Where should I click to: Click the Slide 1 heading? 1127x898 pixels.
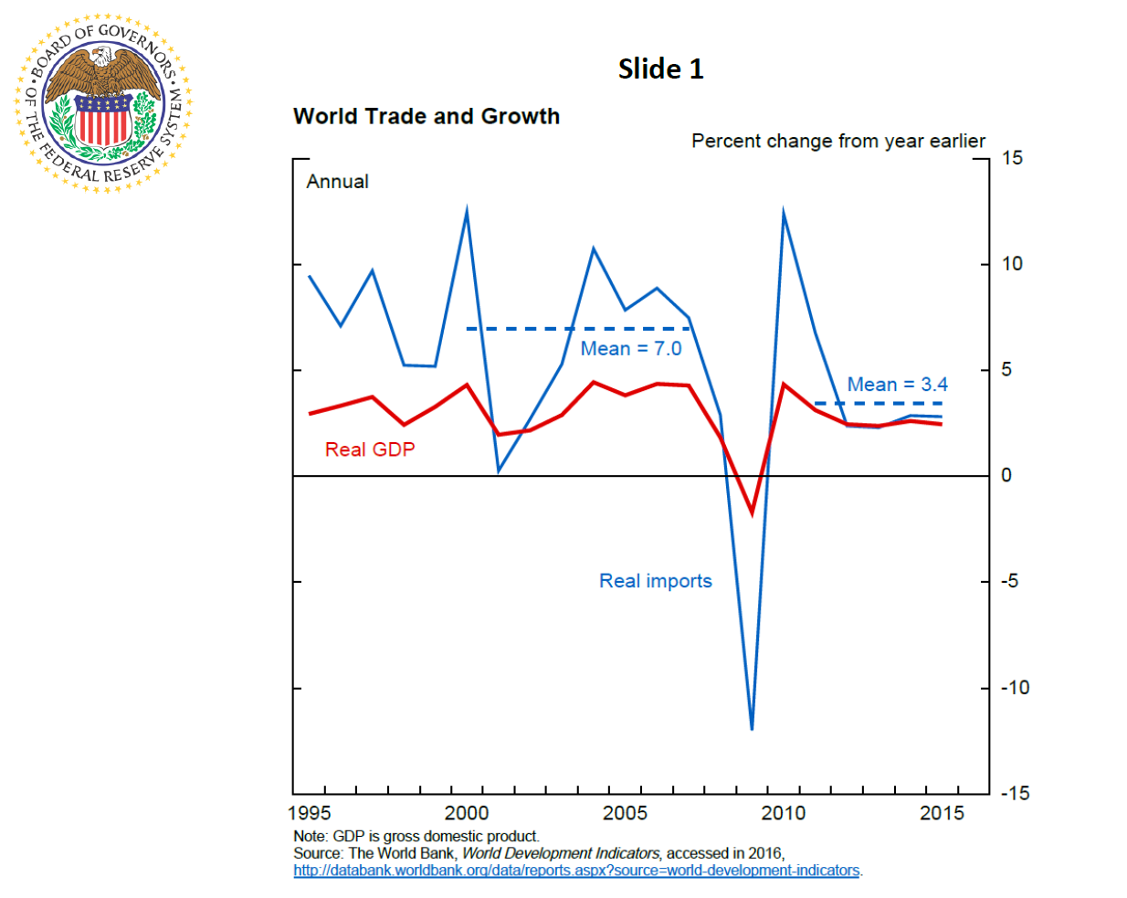coord(660,69)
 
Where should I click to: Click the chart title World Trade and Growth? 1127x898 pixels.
coord(427,117)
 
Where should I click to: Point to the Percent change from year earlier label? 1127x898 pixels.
coord(837,142)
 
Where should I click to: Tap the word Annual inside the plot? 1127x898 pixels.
coord(337,182)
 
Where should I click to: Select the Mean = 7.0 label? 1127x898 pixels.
coord(630,349)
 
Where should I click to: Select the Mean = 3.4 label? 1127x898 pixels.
coord(897,385)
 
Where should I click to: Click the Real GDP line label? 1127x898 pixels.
coord(370,449)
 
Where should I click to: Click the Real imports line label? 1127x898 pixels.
coord(655,581)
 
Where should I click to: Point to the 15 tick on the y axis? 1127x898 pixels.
coord(1011,158)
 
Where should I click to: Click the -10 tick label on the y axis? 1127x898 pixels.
coord(1014,688)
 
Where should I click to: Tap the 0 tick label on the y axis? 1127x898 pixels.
coord(1006,475)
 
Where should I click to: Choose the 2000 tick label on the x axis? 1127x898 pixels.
coord(466,813)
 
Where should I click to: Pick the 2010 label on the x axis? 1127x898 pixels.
coord(783,813)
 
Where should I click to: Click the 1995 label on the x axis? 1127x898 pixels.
coord(310,813)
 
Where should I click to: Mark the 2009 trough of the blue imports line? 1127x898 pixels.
coord(752,727)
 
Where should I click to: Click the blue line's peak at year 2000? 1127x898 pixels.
coord(467,213)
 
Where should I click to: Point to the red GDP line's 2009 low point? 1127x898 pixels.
coord(753,512)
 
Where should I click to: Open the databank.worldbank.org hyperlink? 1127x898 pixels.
coord(576,871)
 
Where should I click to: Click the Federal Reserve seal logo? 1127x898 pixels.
coord(103,103)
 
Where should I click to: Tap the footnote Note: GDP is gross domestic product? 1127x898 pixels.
coord(416,836)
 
